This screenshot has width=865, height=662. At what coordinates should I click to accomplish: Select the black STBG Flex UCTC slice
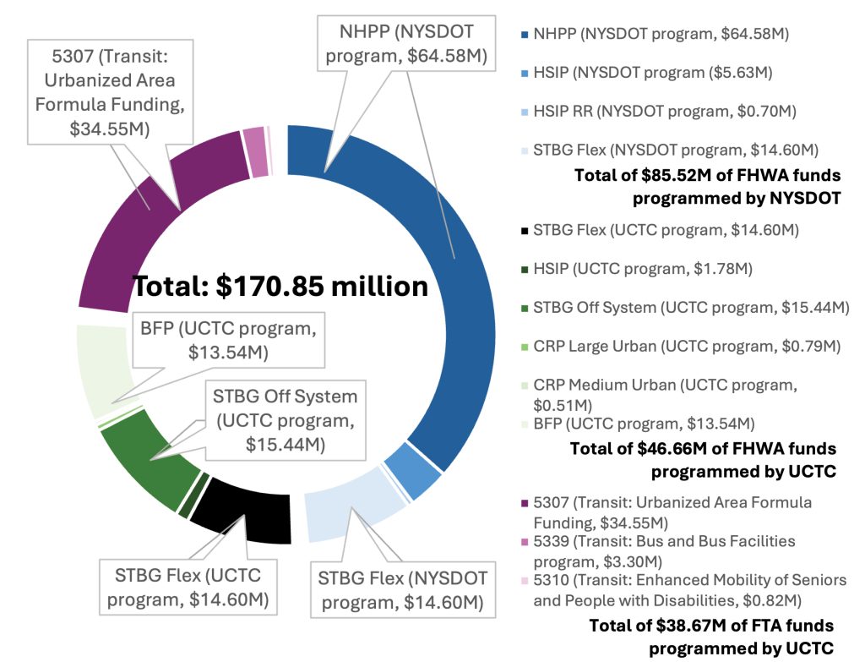[245, 512]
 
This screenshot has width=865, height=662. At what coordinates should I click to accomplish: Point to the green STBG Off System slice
[139, 457]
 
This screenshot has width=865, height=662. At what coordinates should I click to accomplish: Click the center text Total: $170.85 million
[281, 287]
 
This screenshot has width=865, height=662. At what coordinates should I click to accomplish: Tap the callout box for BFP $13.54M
[228, 340]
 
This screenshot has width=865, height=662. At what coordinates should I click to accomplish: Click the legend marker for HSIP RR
[525, 112]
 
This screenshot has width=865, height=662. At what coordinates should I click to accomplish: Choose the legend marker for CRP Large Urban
[525, 347]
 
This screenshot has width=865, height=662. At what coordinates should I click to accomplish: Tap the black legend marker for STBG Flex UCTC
[525, 230]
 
